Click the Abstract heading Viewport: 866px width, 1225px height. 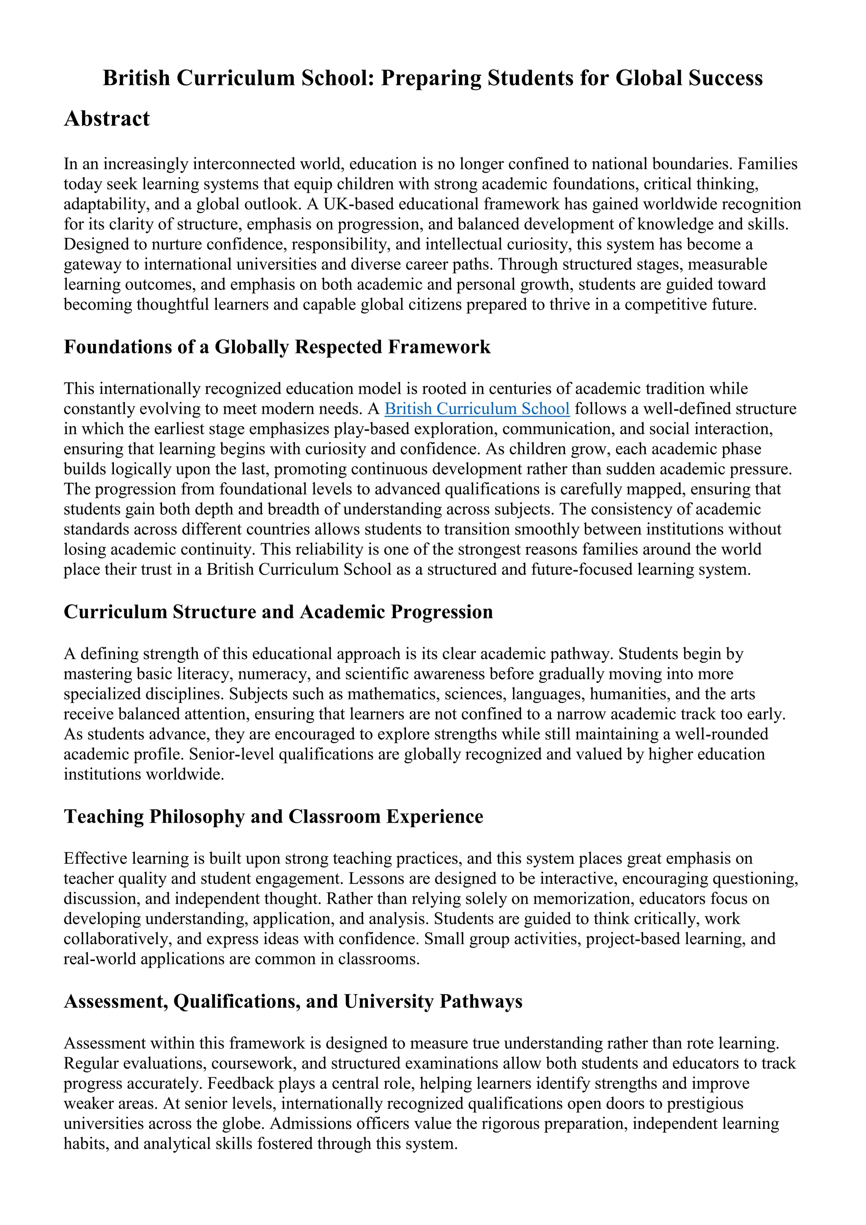[x=107, y=118]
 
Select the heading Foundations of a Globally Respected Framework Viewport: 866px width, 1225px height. [x=277, y=347]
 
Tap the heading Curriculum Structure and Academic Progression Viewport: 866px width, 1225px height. [x=278, y=611]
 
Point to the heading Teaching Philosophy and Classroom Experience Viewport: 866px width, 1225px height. [x=273, y=816]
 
